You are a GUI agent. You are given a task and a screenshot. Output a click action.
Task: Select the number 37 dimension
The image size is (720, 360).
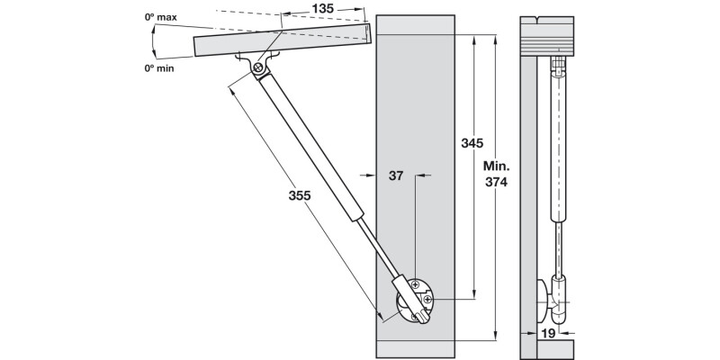pos(395,176)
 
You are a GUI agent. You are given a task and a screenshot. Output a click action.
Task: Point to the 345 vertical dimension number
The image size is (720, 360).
pos(472,144)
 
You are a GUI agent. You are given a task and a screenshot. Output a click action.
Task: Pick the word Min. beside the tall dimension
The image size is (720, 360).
pos(496,166)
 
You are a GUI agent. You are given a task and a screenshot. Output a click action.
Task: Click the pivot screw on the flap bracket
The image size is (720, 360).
pos(258,67)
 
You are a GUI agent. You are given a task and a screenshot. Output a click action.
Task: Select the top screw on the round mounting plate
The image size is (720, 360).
pos(415,285)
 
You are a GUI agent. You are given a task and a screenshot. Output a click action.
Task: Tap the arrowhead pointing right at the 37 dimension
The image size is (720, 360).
pos(369,176)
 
